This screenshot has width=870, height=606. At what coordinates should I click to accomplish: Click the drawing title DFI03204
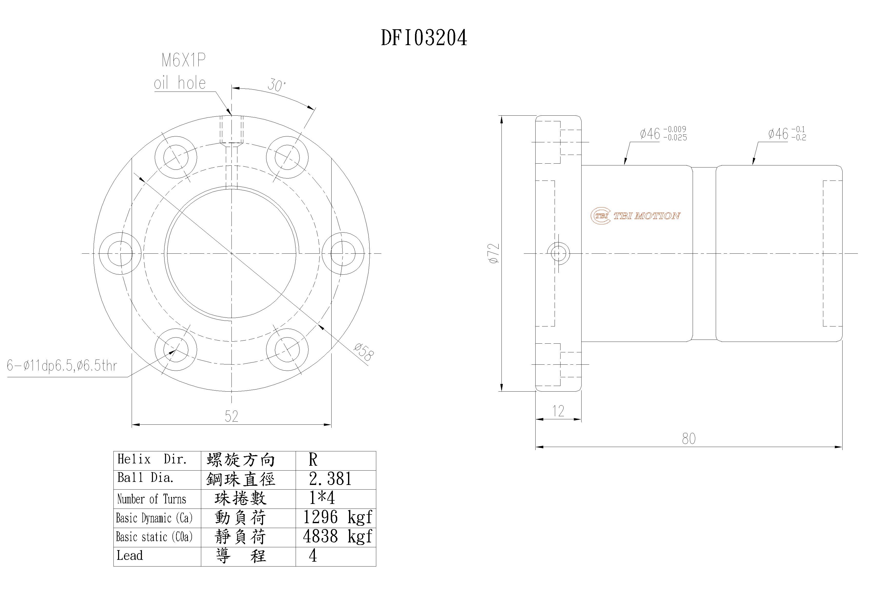tap(424, 38)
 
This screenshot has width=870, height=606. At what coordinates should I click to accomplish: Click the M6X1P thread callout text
tap(183, 61)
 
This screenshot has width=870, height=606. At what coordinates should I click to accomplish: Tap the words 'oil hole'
tap(180, 83)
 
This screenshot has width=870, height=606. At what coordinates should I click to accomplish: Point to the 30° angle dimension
tap(277, 85)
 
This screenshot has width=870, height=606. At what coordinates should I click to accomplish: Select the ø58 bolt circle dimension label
tap(364, 352)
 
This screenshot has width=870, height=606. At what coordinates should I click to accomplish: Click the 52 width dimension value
tap(231, 416)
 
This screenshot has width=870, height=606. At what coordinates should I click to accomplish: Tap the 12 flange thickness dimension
tap(558, 411)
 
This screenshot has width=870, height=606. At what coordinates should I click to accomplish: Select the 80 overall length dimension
tap(689, 439)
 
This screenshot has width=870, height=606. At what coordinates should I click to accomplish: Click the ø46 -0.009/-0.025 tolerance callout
tap(663, 134)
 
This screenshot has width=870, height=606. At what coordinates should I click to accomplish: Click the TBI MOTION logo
tap(635, 216)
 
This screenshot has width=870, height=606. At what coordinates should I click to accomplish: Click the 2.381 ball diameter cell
tap(330, 479)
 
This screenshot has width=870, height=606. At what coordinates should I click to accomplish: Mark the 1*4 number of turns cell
tap(322, 498)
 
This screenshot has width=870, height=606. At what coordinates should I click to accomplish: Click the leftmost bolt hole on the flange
tap(120, 253)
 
